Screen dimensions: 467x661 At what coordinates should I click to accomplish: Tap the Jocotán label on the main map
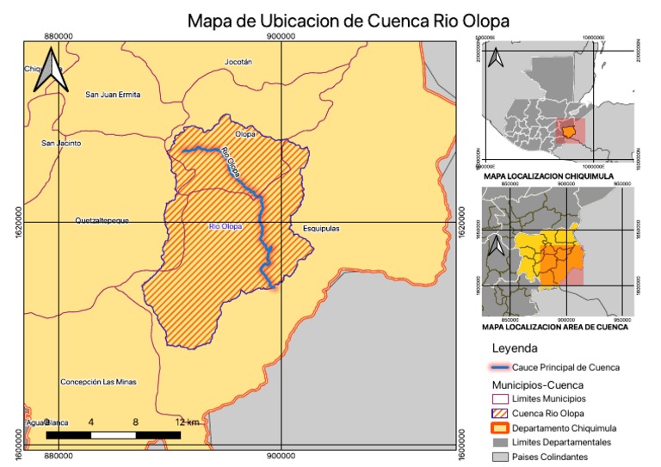[x=238, y=63]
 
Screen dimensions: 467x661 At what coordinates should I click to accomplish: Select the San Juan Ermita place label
[x=112, y=95]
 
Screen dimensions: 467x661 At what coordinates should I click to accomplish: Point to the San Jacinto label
[x=61, y=144]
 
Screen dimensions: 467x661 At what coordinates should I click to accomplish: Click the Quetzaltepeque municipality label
[x=102, y=221]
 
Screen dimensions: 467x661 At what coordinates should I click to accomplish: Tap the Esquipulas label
[x=321, y=230]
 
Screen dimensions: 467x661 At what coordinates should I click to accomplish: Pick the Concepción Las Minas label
[x=98, y=382]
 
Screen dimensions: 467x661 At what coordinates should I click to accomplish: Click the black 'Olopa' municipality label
[x=246, y=135]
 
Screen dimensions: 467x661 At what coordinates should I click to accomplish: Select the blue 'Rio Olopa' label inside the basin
[x=225, y=227]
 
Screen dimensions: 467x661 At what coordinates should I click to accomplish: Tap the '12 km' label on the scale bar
[x=187, y=423]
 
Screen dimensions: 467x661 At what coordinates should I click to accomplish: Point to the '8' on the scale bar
[x=135, y=423]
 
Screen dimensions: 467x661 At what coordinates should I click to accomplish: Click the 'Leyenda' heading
[x=515, y=349]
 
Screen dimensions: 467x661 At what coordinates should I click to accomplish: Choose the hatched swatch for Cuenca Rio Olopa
[x=497, y=414]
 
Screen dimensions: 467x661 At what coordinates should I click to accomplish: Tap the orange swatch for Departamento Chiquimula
[x=497, y=428]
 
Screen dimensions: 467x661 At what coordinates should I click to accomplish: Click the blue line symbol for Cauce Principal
[x=497, y=367]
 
